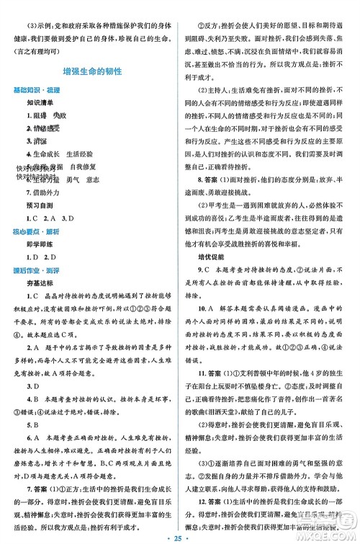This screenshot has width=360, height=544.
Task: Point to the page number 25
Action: (x=180, y=534)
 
